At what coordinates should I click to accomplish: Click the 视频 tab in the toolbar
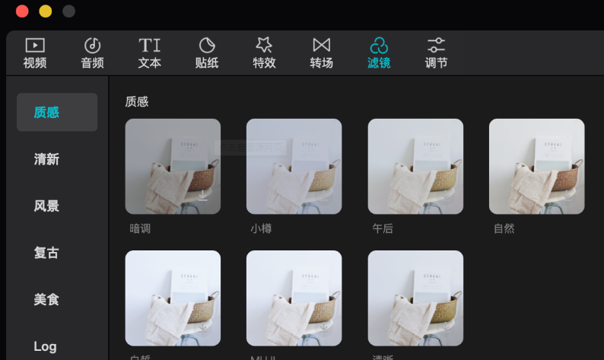(x=35, y=53)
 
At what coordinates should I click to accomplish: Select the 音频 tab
(x=92, y=53)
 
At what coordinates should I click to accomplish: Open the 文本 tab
(x=149, y=53)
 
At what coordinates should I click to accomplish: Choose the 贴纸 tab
(x=207, y=53)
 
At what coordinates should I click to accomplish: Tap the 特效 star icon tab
(x=264, y=53)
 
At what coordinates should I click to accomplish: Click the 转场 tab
(x=322, y=53)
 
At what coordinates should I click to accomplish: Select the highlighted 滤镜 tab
(x=379, y=53)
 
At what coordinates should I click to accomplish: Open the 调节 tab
(x=436, y=53)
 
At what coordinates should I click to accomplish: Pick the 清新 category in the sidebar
(x=46, y=159)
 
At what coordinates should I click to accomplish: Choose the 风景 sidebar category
(x=46, y=206)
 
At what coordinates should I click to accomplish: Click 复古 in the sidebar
(x=46, y=253)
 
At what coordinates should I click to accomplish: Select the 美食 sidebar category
(x=46, y=300)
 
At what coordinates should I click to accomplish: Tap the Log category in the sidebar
(x=45, y=346)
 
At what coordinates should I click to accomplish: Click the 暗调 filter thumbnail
(x=173, y=166)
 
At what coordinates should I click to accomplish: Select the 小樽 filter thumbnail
(x=294, y=166)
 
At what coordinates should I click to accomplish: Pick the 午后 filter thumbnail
(x=415, y=166)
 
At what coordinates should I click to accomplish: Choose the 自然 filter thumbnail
(x=536, y=166)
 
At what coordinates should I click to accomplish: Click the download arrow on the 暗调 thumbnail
(x=203, y=196)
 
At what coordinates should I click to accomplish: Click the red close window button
(x=22, y=11)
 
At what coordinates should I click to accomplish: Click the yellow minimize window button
(x=46, y=11)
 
